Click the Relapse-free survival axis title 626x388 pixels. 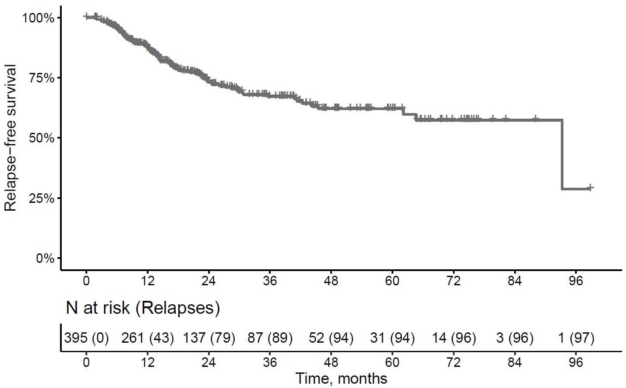click(10, 138)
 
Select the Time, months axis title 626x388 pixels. click(341, 379)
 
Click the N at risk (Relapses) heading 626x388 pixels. click(142, 308)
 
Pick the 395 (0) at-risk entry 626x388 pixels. click(86, 338)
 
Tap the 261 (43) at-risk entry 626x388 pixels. click(148, 338)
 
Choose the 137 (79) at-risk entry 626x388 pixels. click(209, 338)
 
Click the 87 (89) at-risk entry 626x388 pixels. click(270, 338)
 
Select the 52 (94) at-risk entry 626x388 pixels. click(331, 338)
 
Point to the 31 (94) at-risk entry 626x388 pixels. click(392, 338)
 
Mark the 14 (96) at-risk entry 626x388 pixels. click(454, 338)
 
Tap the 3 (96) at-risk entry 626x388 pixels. click(515, 338)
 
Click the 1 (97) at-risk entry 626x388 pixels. click(576, 338)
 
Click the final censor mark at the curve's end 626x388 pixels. click(590, 188)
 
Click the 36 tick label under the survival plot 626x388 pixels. click(270, 281)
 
